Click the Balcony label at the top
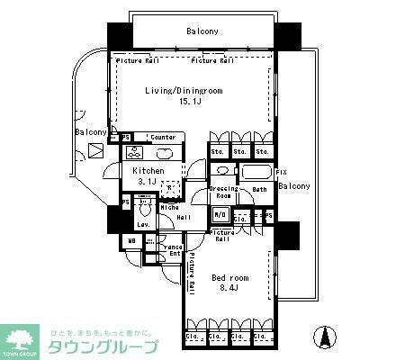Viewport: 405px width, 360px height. coord(202,32)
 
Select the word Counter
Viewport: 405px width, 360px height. coord(163,138)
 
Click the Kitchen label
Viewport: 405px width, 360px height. coord(148,170)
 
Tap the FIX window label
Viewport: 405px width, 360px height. coord(281,171)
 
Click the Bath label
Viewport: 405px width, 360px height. coord(259,190)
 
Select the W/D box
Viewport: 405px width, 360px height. coord(220,214)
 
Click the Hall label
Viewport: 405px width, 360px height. coord(183,217)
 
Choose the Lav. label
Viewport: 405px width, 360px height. coord(143,225)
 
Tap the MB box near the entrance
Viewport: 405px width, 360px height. coord(131,240)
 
